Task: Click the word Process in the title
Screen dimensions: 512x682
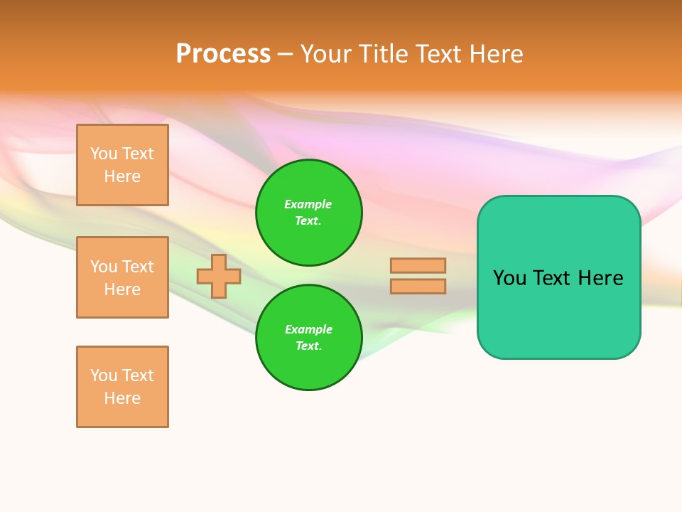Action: pos(223,54)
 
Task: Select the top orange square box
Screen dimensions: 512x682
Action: pos(122,165)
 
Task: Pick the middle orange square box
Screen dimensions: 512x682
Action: pos(122,277)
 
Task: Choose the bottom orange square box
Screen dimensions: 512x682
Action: pos(122,387)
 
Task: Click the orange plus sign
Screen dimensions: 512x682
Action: pos(218,277)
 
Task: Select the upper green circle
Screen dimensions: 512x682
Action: pos(309,213)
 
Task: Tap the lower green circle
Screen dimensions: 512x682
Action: pos(309,338)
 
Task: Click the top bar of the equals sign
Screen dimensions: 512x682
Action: pos(418,265)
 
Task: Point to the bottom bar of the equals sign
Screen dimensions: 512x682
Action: pos(418,286)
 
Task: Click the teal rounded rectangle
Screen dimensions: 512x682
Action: pos(558,277)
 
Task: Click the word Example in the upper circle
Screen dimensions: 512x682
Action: pos(308,204)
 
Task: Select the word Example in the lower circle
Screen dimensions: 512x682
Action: pos(308,329)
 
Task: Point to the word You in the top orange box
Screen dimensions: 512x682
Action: pos(103,154)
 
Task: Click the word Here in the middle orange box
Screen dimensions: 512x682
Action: pos(122,289)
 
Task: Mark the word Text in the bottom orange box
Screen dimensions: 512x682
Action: pos(138,375)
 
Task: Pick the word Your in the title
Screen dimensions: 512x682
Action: pos(326,54)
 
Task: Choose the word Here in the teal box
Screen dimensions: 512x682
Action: pos(600,278)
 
